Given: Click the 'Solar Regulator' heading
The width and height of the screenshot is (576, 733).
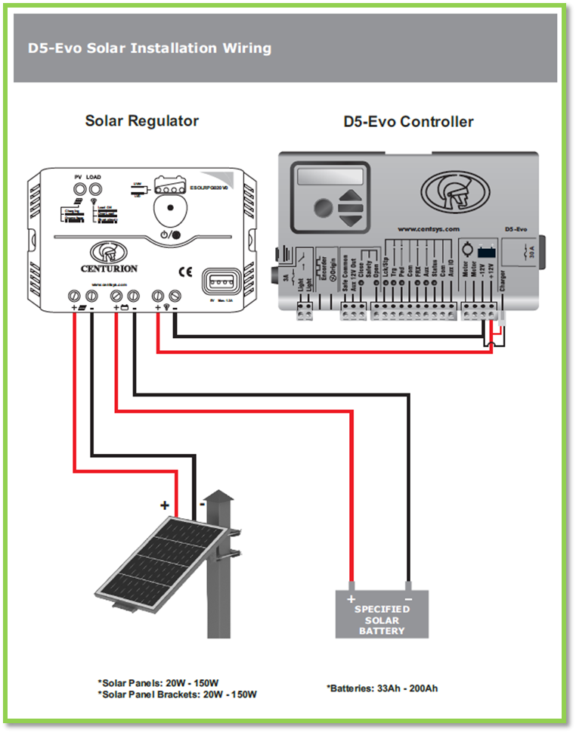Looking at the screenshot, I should click(x=142, y=121).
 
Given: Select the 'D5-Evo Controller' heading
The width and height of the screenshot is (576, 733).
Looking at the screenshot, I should click(x=409, y=122).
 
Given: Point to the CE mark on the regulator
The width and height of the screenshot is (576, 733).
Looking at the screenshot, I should click(x=184, y=270).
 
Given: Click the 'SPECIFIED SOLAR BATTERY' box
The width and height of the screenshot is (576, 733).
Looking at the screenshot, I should click(x=382, y=613).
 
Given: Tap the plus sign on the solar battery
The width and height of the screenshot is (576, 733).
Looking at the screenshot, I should click(x=351, y=599).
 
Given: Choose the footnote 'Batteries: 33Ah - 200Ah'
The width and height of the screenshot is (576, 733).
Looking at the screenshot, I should click(x=382, y=688).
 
